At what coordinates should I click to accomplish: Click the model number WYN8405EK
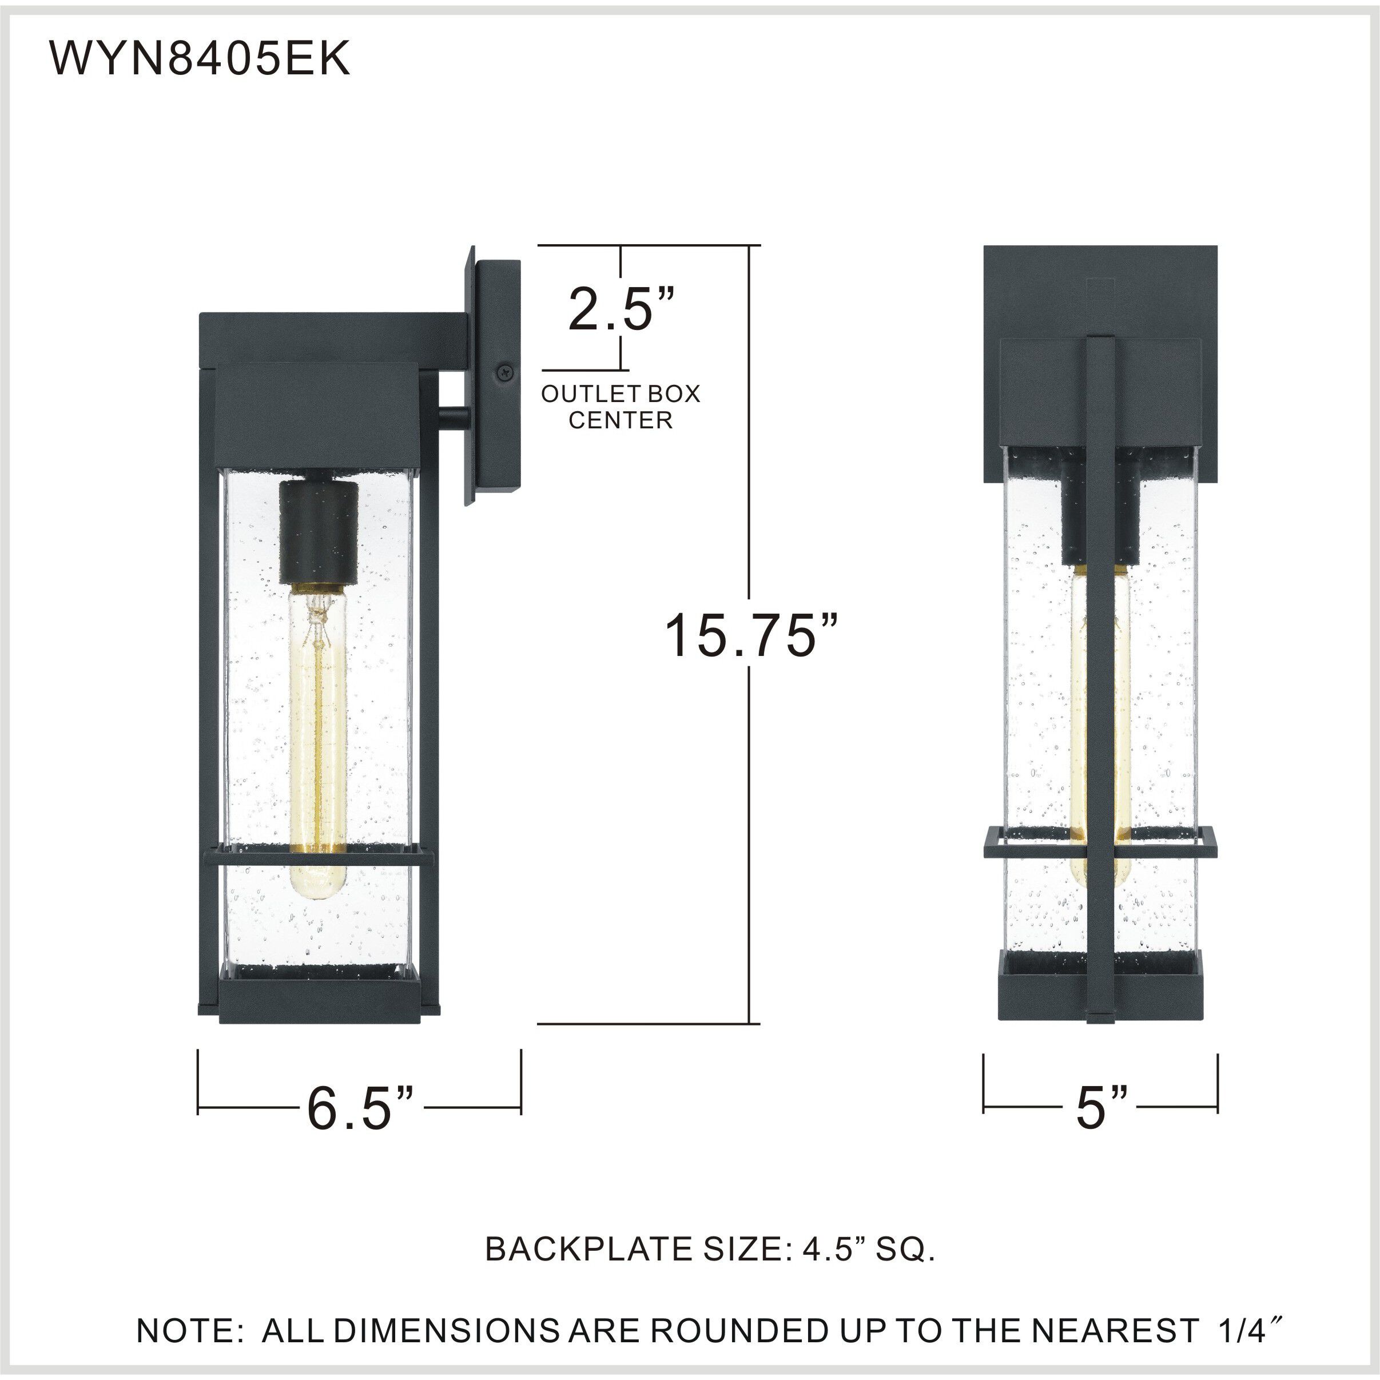point(200,58)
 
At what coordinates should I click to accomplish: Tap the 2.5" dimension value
point(620,309)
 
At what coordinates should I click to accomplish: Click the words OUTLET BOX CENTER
point(620,407)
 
